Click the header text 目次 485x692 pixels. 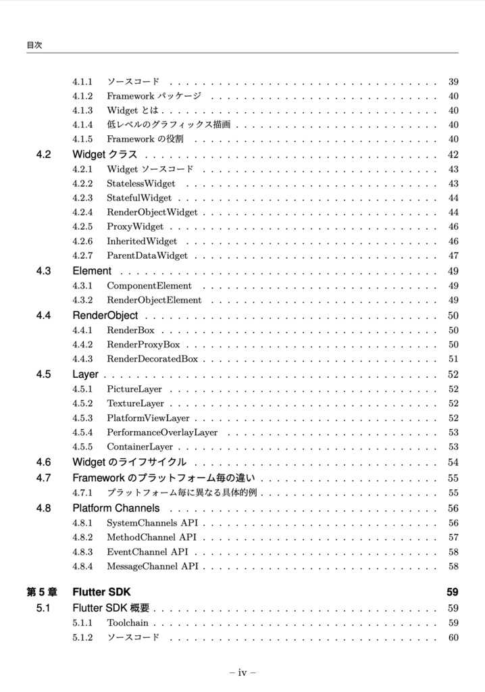34,45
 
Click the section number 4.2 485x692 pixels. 44,155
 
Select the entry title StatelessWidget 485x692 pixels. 141,184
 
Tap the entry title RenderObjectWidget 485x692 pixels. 152,212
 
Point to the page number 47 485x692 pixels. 453,256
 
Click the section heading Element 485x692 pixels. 92,271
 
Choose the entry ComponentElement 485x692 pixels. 149,286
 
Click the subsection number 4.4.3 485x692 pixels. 82,359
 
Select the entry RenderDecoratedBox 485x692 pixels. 152,359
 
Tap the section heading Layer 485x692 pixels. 85,374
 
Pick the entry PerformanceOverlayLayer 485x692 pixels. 162,432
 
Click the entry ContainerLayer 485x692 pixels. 140,447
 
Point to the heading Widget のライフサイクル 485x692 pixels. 129,462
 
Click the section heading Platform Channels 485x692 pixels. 116,508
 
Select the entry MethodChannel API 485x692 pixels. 151,537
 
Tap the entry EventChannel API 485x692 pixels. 148,552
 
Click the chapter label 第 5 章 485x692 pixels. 42,593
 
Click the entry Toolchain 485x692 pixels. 127,623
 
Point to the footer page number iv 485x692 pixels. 242,672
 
